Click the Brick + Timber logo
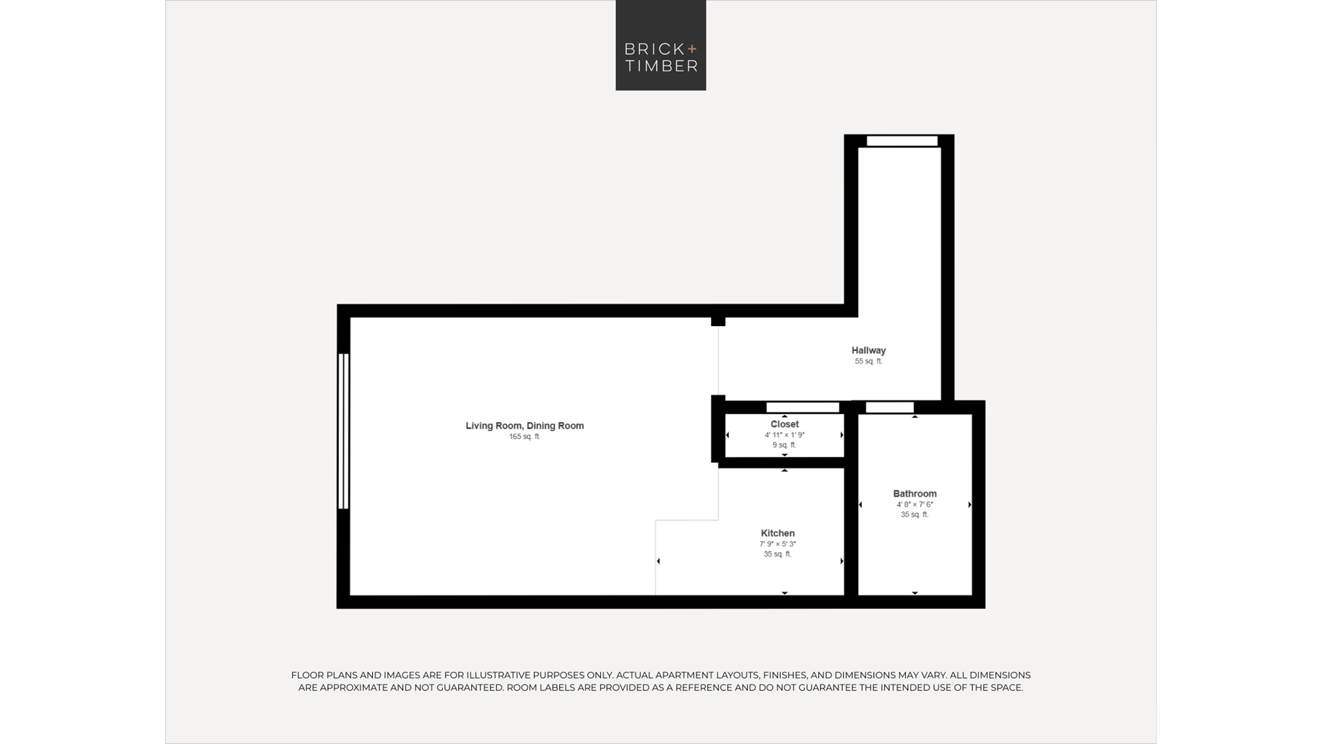pos(661,45)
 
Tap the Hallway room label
pos(869,351)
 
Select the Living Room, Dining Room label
pos(525,426)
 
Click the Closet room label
pos(785,425)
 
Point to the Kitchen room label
pos(778,533)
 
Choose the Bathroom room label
pos(915,494)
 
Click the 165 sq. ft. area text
pos(525,437)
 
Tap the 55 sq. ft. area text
pos(869,362)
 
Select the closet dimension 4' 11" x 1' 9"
pos(785,435)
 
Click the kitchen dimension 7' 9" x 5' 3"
pos(778,544)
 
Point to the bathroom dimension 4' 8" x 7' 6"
pos(915,505)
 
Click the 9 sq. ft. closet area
pos(785,445)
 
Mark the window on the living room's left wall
pos(343,431)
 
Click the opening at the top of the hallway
pos(902,141)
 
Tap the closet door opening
pos(802,407)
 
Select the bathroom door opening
pos(890,407)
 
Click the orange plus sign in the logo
pos(692,48)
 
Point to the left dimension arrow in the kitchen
pos(658,561)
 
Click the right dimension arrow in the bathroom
pos(970,505)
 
